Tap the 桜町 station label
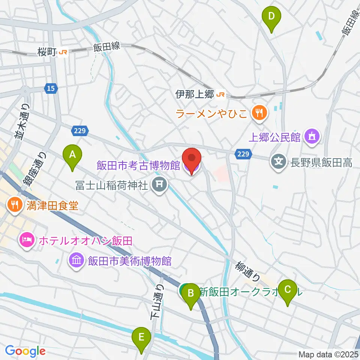pyautogui.click(x=46, y=52)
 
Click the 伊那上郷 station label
pyautogui.click(x=195, y=95)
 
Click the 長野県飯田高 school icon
pyautogui.click(x=278, y=162)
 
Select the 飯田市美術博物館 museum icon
pyautogui.click(x=76, y=261)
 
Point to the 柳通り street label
pyautogui.click(x=247, y=271)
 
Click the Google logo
pyautogui.click(x=25, y=351)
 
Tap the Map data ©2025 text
pyautogui.click(x=328, y=354)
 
